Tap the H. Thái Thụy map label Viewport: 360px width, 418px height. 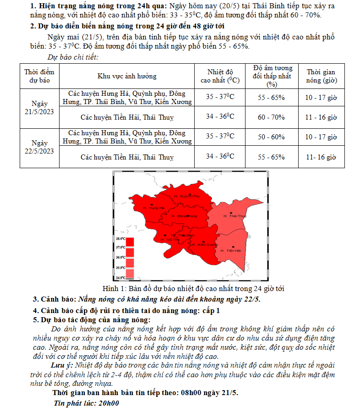point(235,215)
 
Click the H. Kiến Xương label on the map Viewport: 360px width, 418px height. point(204,245)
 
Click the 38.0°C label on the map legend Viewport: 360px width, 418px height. point(120,239)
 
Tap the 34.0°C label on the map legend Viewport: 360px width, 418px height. point(120,277)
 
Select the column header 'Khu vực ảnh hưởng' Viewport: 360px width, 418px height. point(127,76)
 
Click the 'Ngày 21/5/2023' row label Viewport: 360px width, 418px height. point(39,107)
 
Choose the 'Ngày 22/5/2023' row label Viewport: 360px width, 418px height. point(39,147)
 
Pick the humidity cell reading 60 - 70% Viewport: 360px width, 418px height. point(271,117)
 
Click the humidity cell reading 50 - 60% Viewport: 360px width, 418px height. point(271,137)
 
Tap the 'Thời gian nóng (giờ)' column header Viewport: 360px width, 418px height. point(321,76)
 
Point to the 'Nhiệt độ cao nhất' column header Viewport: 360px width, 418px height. point(220,76)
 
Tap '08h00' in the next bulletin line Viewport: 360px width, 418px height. point(194,393)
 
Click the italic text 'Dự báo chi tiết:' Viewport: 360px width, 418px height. point(73,57)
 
